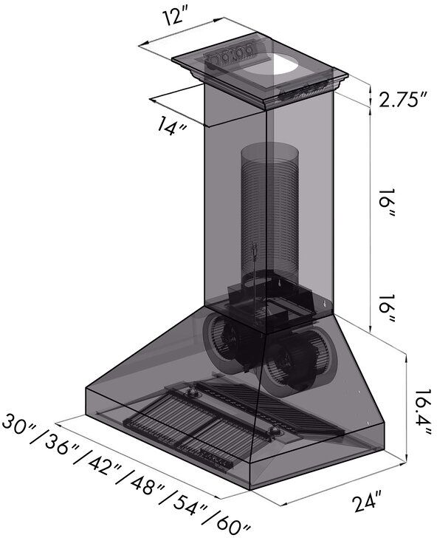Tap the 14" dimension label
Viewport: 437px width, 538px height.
tap(172, 126)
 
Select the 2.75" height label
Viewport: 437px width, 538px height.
tap(403, 100)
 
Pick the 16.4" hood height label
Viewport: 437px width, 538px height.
tap(421, 412)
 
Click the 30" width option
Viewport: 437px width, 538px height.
tap(19, 426)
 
